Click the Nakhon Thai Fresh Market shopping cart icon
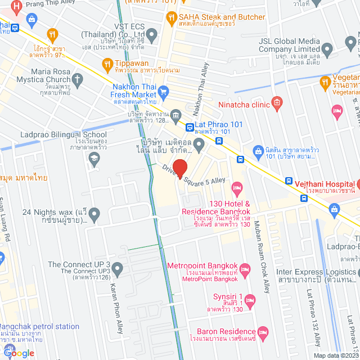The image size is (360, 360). (164, 91)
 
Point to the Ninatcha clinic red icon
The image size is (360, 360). (276, 102)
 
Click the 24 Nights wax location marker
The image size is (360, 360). (94, 214)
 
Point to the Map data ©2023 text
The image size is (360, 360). (335, 355)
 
